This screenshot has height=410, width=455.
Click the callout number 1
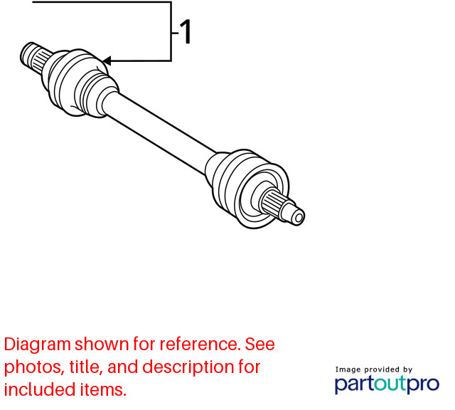pyautogui.click(x=186, y=31)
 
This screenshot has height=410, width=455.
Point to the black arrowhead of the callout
pyautogui.click(x=107, y=61)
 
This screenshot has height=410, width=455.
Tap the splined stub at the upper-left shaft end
pyautogui.click(x=34, y=58)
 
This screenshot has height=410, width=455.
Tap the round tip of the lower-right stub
pyautogui.click(x=299, y=217)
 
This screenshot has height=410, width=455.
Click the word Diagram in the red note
pyautogui.click(x=38, y=345)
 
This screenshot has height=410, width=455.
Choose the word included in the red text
pyautogui.click(x=40, y=389)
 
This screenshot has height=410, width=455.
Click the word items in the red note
pyautogui.click(x=103, y=390)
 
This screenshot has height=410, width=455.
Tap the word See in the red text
pyautogui.click(x=260, y=345)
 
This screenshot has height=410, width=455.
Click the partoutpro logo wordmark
pyautogui.click(x=387, y=384)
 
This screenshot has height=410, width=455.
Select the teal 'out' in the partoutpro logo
pyautogui.click(x=390, y=384)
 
